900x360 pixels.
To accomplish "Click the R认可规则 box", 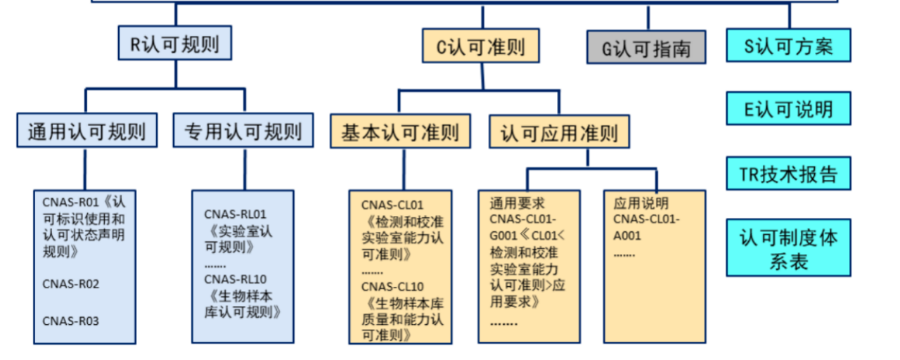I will coord(174,44).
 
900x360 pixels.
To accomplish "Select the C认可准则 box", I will coord(482,46).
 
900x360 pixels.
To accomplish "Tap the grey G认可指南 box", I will coord(646,49).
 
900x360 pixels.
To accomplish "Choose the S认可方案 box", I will coord(788,46).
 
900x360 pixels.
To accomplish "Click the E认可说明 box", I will coord(788,109).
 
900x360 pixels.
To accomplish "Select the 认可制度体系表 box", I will coord(788,249).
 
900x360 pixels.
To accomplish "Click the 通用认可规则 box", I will coord(86,131).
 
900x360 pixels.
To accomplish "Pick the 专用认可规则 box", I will coord(243,131).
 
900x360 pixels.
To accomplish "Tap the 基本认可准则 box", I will coord(400,131).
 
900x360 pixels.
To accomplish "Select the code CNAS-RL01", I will coord(236,214).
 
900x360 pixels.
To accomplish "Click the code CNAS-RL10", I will coord(236,279).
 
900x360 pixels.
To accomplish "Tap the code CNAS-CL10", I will coord(393,287).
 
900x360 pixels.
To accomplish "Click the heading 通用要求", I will coord(517,203).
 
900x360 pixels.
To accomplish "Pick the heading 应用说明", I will coord(636,203).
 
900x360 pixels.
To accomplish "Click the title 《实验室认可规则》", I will coord(239,239).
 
